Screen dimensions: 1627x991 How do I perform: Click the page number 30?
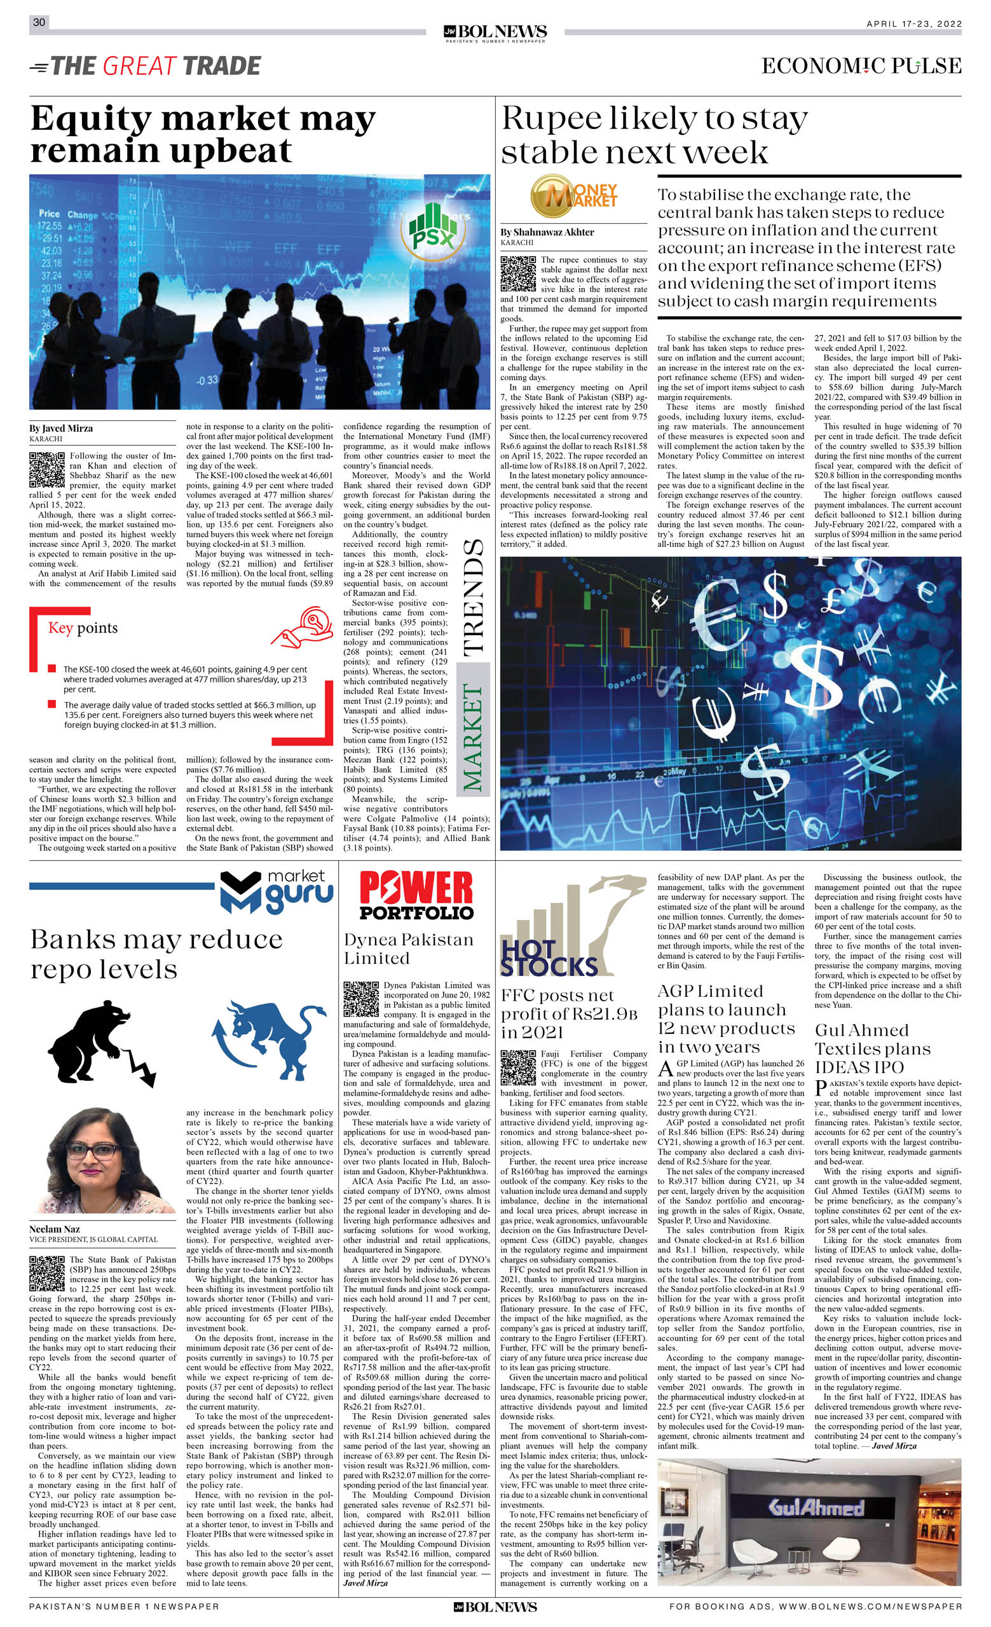pos(39,22)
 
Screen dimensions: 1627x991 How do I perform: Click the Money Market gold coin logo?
pos(573,196)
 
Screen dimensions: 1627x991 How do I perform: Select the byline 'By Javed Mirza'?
pos(61,428)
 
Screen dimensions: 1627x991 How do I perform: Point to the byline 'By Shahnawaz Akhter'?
pos(547,232)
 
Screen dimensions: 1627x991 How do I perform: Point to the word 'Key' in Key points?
pos(59,628)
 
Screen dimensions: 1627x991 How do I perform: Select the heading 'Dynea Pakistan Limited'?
pos(408,948)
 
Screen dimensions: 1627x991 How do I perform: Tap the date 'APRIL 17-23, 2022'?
pos(913,24)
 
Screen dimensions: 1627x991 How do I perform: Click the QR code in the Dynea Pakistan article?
pos(361,999)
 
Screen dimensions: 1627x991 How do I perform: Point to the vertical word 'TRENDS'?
pos(473,597)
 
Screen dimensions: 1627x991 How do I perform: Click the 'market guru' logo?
pos(277,891)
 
